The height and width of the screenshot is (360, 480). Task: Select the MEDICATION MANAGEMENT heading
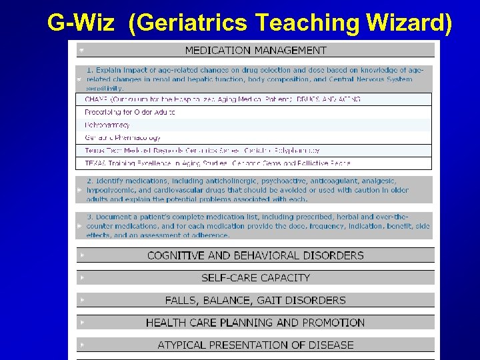(255, 50)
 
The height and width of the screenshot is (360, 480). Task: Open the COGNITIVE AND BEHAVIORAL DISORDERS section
(255, 255)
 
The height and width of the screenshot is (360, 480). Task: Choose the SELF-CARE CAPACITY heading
(255, 277)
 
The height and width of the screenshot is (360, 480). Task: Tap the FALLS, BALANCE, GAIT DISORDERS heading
(255, 300)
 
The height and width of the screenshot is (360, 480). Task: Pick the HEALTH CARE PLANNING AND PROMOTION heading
(255, 323)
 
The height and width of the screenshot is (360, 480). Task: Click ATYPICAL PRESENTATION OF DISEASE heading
(255, 345)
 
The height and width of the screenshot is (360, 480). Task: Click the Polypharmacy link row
(107, 125)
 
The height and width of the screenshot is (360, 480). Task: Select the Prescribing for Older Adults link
(130, 112)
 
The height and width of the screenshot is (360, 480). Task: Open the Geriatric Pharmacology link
(123, 137)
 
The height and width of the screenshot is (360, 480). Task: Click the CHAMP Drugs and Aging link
(223, 99)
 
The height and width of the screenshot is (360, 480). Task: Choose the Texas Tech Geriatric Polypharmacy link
(202, 150)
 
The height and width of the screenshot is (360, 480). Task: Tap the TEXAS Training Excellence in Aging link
(217, 162)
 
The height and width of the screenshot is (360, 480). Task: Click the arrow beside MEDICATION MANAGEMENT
(81, 50)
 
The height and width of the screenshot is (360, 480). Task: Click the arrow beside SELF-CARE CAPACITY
(81, 277)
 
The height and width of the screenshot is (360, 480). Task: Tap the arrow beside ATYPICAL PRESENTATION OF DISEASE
(81, 345)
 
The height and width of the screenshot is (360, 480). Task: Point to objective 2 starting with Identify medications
(257, 190)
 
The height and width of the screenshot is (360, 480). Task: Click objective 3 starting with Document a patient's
(257, 226)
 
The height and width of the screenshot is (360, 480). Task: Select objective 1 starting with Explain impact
(257, 79)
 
